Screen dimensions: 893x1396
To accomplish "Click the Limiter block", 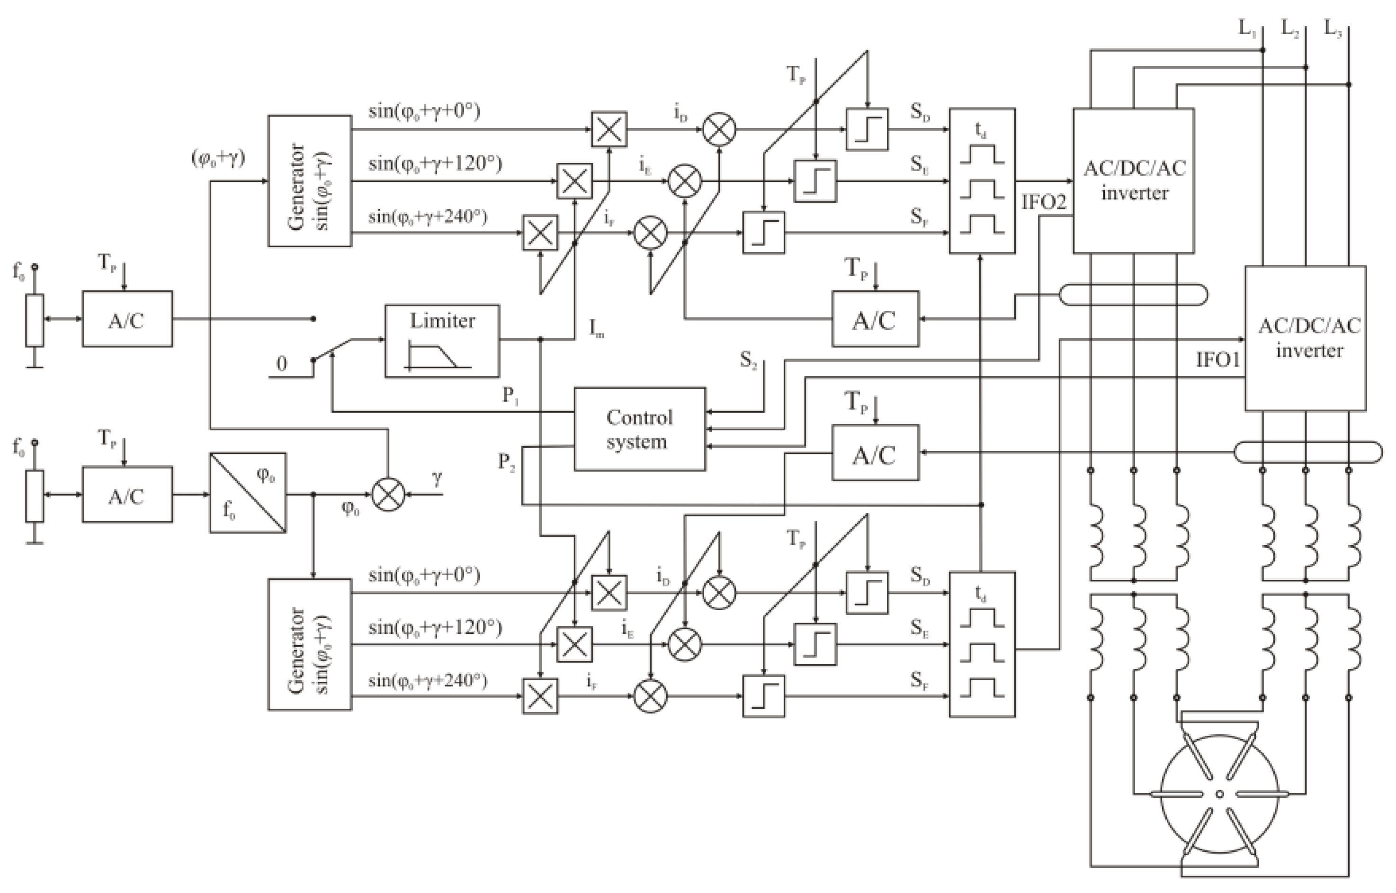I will coord(442,341).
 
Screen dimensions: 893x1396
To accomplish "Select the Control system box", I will coord(639,429).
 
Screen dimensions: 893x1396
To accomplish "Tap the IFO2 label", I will coord(1044,202).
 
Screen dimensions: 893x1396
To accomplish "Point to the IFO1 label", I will coord(1217,360).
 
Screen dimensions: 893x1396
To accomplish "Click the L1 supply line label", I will coord(1247,28).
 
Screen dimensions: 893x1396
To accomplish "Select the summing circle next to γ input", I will coord(388,495).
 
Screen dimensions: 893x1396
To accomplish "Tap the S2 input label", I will coord(748,361).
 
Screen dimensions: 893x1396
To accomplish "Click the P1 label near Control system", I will coord(510,396).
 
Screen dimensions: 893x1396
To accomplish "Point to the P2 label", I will coord(506,462).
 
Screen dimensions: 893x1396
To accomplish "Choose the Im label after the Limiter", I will coord(597,329).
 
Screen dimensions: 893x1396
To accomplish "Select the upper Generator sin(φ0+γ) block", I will coord(310,181).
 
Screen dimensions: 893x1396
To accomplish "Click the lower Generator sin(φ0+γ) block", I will coord(310,644).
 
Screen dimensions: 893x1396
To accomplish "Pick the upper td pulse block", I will coord(982,181).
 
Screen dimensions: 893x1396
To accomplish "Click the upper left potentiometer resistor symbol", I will coord(34,320).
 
